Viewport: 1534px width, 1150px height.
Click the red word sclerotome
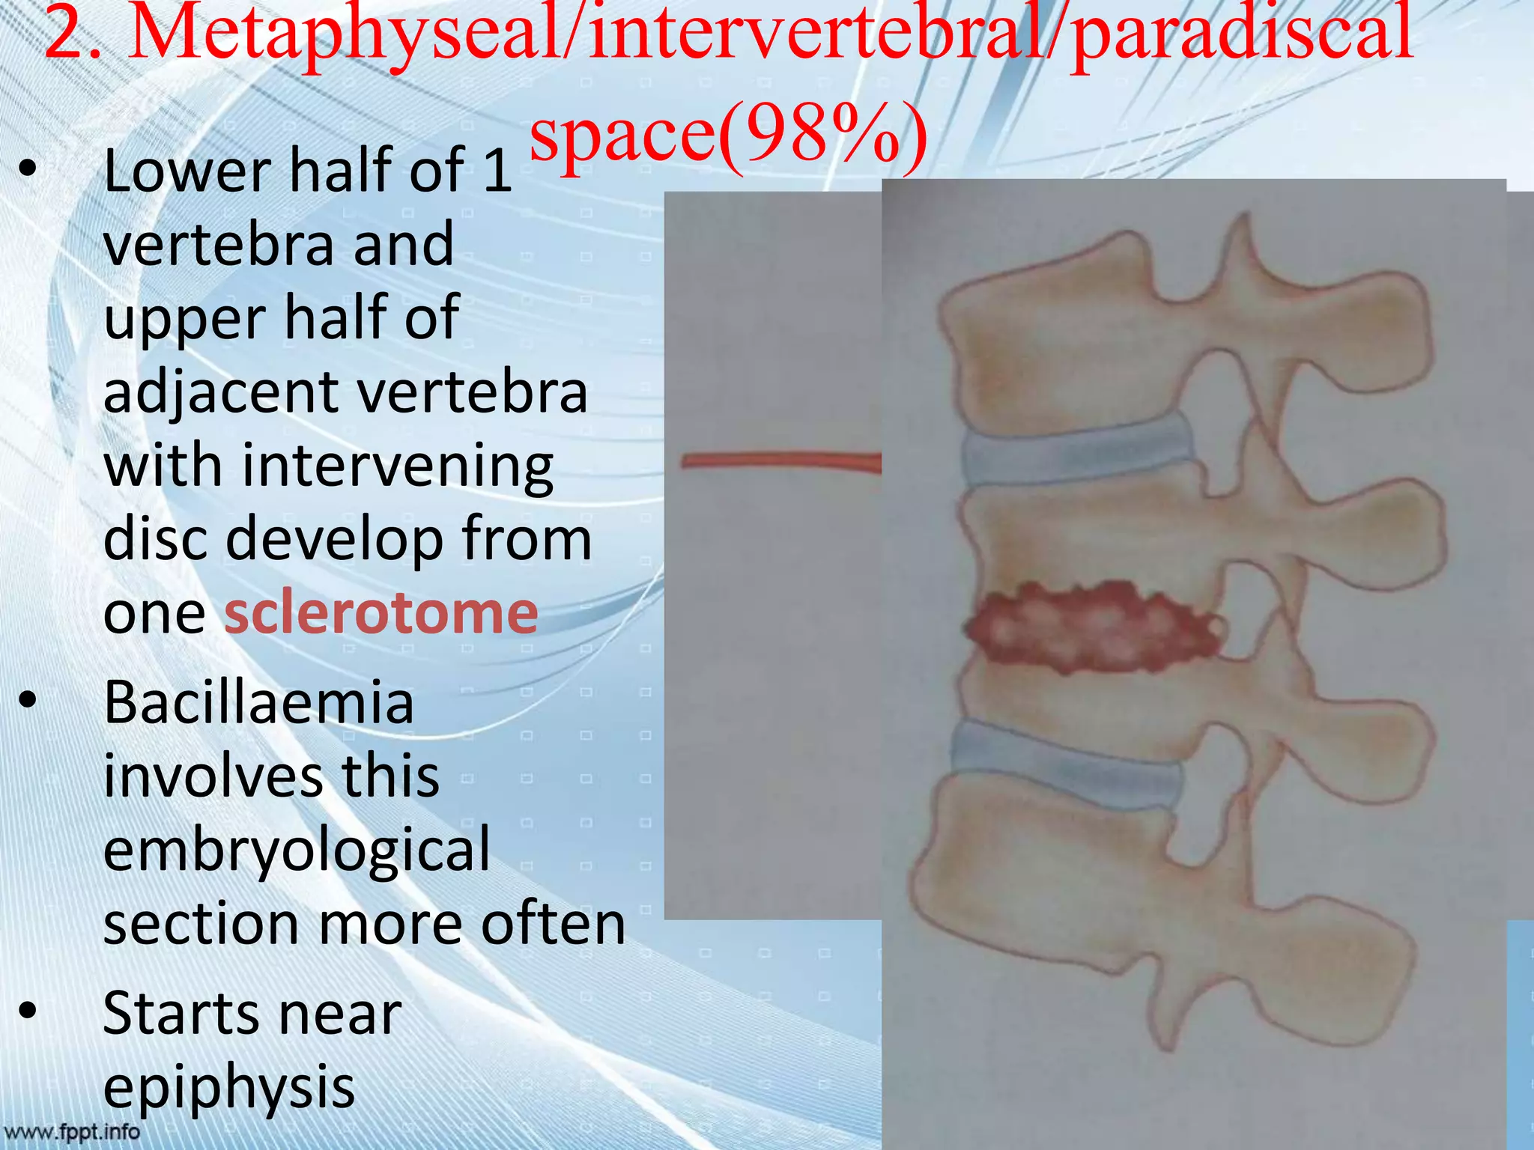[381, 612]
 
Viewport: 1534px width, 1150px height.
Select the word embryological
[297, 849]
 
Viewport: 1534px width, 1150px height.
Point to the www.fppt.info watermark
[72, 1131]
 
